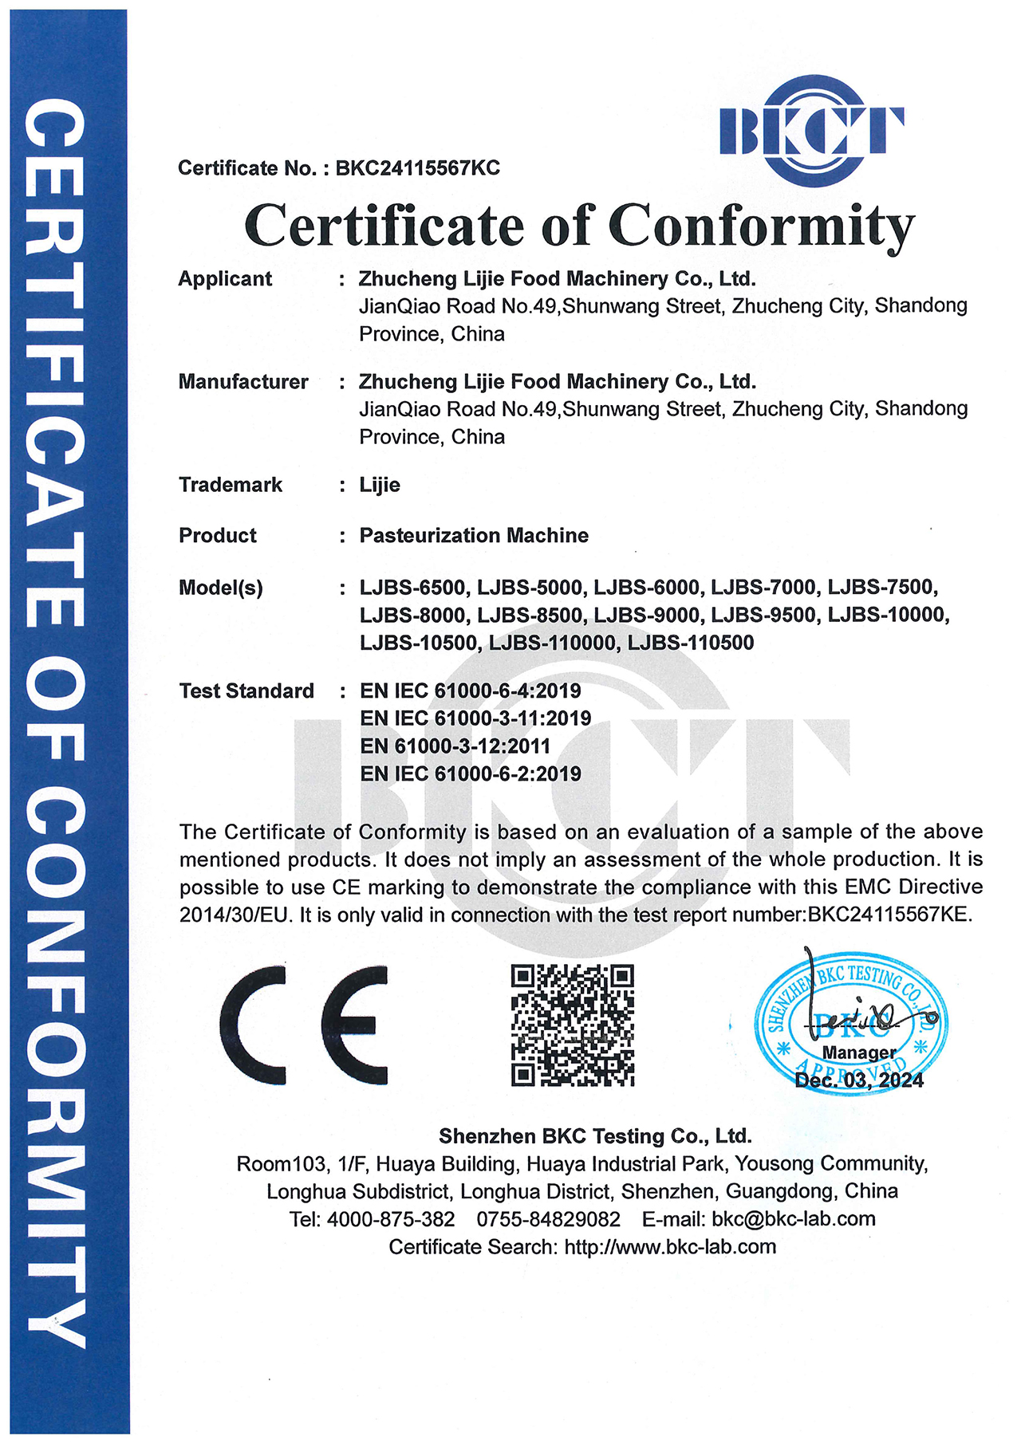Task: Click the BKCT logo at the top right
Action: pyautogui.click(x=811, y=131)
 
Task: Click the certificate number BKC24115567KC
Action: pyautogui.click(x=417, y=168)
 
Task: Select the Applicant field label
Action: pyautogui.click(x=225, y=279)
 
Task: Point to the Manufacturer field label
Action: pyautogui.click(x=243, y=382)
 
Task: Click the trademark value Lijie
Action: pyautogui.click(x=380, y=485)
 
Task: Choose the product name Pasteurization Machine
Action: pyautogui.click(x=474, y=536)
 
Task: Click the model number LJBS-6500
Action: pyautogui.click(x=412, y=588)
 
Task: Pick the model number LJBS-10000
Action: pyautogui.click(x=888, y=616)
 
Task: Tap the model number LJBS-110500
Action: pyautogui.click(x=691, y=643)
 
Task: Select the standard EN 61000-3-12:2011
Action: pyautogui.click(x=455, y=746)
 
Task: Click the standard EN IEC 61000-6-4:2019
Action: pyautogui.click(x=470, y=691)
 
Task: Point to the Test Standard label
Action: pyautogui.click(x=246, y=691)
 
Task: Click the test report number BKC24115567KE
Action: pyautogui.click(x=890, y=915)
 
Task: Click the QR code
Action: pyautogui.click(x=572, y=1025)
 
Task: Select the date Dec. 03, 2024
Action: pyautogui.click(x=859, y=1080)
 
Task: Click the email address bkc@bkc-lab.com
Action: pyautogui.click(x=794, y=1219)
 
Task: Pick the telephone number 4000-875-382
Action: pyautogui.click(x=391, y=1219)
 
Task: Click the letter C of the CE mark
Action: pyautogui.click(x=255, y=1025)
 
